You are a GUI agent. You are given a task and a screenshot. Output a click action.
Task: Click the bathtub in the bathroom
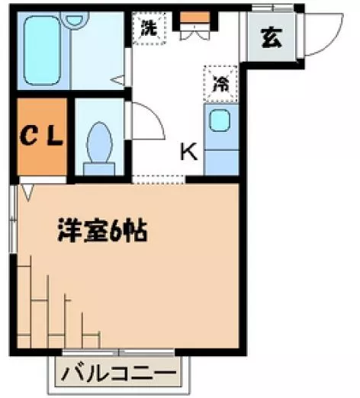pos(42,50)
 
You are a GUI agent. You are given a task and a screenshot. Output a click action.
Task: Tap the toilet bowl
pos(99,143)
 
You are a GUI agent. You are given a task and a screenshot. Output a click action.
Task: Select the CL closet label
pos(41,136)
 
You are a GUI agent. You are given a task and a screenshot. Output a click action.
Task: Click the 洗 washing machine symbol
pos(149,28)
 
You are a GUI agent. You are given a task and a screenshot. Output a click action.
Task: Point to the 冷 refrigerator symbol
pos(220,84)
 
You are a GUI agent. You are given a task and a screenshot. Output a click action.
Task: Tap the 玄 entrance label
pos(272,38)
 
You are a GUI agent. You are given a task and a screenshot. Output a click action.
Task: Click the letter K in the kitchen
pos(188,152)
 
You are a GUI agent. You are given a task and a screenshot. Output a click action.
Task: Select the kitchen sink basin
pos(219,120)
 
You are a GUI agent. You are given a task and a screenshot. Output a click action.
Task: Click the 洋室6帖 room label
pos(102,230)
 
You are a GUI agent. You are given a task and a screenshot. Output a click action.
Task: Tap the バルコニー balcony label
pos(119,374)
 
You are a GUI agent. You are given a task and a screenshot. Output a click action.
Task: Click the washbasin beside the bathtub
pos(75,20)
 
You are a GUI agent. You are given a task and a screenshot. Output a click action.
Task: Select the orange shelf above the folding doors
pos(195,17)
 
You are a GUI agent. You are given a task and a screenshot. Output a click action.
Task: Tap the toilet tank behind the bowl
pos(99,169)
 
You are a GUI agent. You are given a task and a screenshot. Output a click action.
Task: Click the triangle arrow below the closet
pos(27,192)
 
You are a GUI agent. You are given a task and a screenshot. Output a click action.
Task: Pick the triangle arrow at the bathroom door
pos(117,80)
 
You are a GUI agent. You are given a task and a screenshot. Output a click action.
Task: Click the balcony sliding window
pos(118,352)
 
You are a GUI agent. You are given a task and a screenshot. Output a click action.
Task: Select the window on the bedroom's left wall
pos(13,219)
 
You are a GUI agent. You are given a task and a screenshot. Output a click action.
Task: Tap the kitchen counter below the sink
pos(221,162)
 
